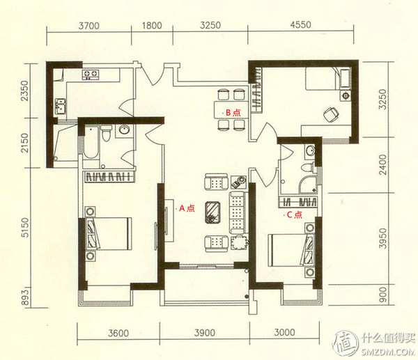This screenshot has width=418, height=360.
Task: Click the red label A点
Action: coord(187,208)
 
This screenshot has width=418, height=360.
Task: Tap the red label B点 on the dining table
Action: coord(233,113)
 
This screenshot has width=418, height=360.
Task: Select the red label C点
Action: coord(294,214)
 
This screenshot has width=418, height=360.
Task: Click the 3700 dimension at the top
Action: coord(89,26)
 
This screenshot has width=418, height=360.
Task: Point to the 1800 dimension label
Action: coord(152,26)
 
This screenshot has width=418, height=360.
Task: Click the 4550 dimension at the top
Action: coord(301,25)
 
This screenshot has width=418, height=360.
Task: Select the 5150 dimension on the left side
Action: coord(25,227)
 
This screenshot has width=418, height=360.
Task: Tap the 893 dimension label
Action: coord(24,297)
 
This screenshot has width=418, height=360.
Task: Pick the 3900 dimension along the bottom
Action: coord(205,333)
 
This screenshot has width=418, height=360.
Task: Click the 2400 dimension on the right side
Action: coord(382,164)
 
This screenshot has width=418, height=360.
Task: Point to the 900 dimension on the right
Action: coord(382,295)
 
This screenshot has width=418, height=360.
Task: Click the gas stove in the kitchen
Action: coord(91,75)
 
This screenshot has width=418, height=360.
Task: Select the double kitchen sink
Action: coord(61,107)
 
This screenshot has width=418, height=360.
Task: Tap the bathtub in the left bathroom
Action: coord(91,143)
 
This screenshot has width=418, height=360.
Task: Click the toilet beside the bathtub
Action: coord(107,132)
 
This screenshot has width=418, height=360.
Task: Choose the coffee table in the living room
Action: coord(212,212)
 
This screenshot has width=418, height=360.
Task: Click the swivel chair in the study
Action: coord(331,115)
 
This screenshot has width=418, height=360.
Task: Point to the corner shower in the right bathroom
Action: coord(308,185)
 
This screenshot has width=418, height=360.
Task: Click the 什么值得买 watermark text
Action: coord(388,338)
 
